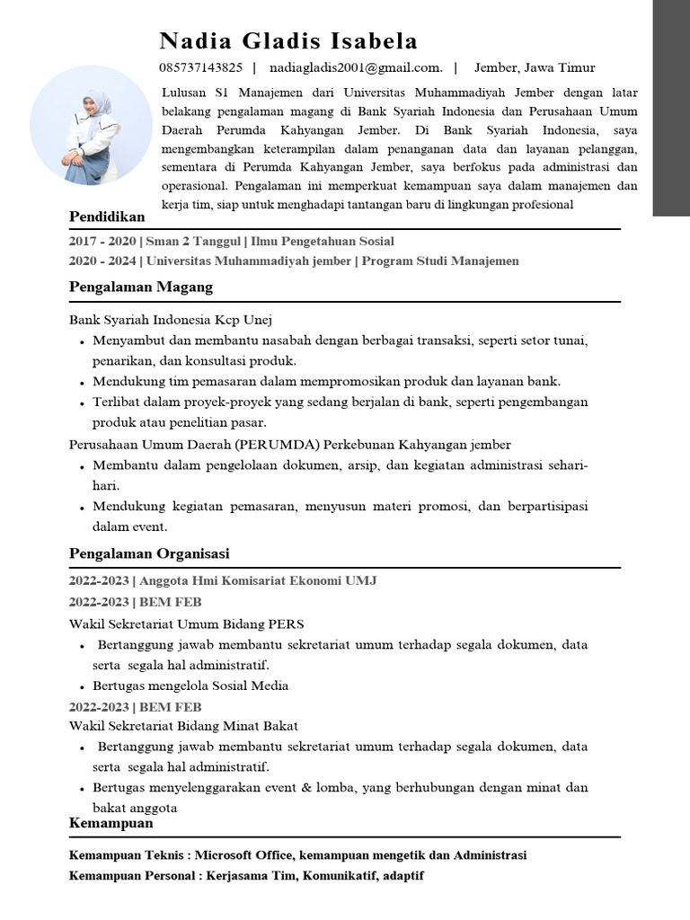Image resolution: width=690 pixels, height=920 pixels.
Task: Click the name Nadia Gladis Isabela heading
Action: (x=288, y=41)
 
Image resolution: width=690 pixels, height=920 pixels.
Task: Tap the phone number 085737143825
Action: (x=200, y=67)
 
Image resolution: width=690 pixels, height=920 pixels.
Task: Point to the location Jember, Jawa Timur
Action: (x=535, y=67)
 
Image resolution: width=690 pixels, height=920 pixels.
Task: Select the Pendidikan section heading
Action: (x=107, y=217)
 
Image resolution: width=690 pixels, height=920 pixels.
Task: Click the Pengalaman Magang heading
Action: (x=141, y=287)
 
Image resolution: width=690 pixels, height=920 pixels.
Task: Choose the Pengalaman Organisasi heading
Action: (x=149, y=553)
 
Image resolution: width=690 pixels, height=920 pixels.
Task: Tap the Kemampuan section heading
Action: (x=111, y=823)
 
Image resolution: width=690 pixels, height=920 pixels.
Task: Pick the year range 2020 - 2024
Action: (x=103, y=261)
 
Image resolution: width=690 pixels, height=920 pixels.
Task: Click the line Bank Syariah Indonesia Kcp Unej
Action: (x=171, y=319)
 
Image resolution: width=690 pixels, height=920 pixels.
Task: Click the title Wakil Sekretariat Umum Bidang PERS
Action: (x=187, y=624)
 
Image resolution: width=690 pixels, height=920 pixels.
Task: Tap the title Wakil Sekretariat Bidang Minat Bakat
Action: (x=184, y=725)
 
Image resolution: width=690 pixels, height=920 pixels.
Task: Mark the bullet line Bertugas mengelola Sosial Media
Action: (x=190, y=686)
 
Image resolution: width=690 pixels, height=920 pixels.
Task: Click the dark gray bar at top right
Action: (x=670, y=108)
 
